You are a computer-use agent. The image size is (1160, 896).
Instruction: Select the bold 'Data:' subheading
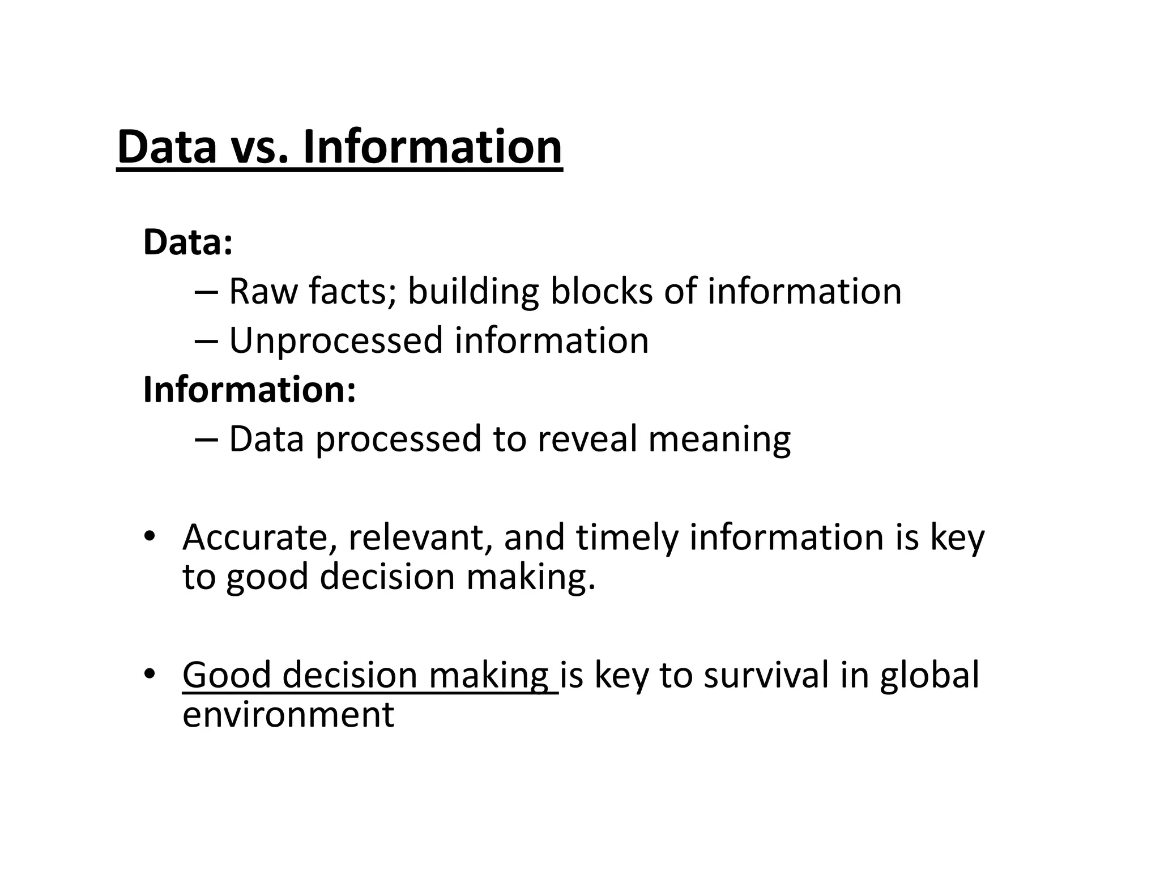click(187, 242)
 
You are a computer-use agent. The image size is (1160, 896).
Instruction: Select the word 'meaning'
click(719, 440)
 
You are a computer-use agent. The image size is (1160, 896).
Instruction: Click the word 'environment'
click(288, 714)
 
